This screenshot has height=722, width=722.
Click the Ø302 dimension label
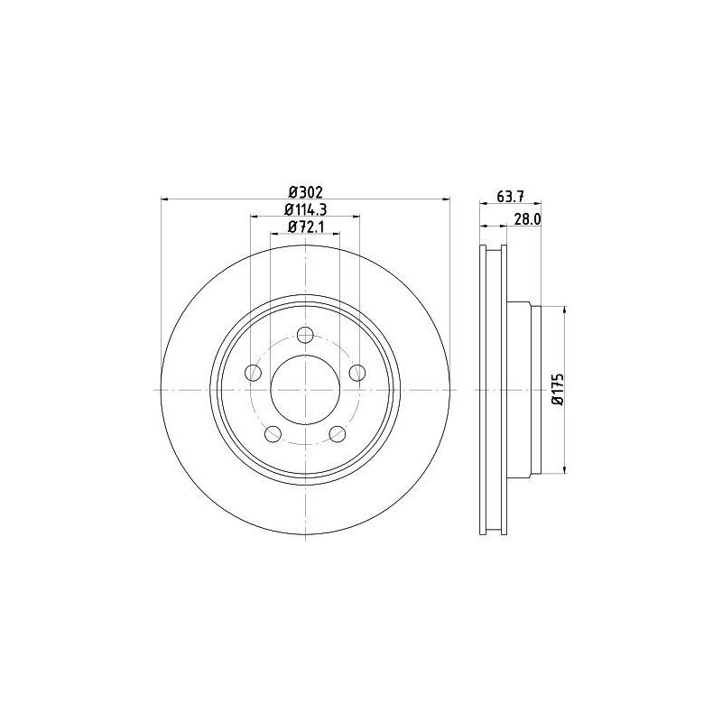click(x=305, y=191)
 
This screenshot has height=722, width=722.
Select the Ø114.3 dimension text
click(x=305, y=209)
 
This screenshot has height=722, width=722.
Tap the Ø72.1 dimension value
click(x=305, y=227)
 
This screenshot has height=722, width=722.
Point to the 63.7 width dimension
click(x=510, y=196)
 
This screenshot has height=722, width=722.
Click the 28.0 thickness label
click(x=527, y=219)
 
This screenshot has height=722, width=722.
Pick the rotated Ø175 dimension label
click(x=559, y=390)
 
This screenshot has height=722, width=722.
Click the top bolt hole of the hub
click(x=305, y=335)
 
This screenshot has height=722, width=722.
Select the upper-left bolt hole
click(x=253, y=372)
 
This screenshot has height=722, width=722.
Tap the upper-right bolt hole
click(x=357, y=372)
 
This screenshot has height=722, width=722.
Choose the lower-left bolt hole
click(x=273, y=433)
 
